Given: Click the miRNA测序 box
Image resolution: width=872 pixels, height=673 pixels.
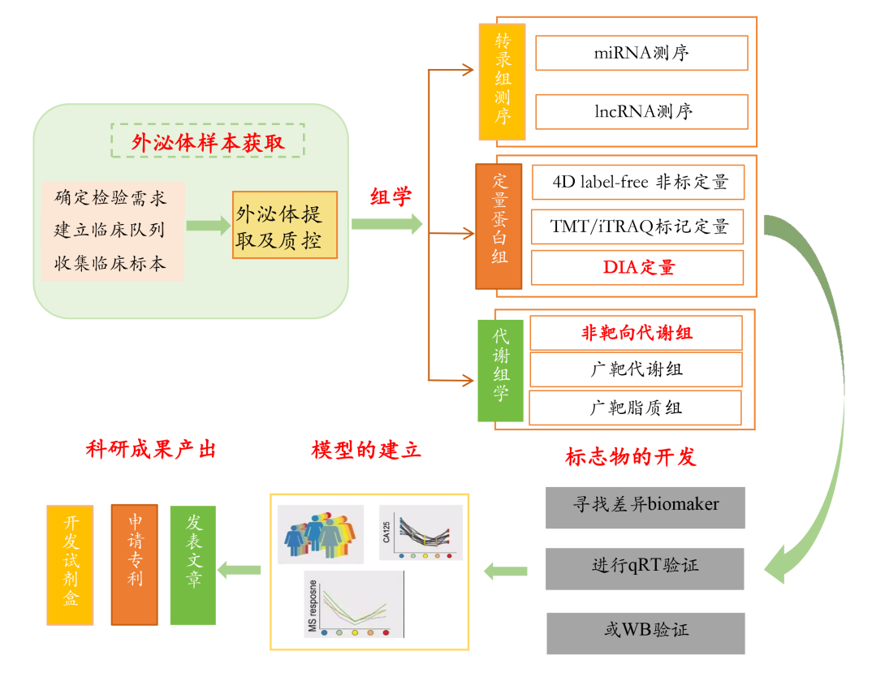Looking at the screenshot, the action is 641,53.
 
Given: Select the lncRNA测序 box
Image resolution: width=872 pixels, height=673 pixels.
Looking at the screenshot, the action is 641,112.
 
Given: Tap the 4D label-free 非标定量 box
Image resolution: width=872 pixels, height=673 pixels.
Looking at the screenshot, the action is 638,182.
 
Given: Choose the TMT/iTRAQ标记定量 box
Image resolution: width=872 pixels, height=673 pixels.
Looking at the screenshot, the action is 637,226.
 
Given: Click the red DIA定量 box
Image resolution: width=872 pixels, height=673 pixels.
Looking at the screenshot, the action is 637,268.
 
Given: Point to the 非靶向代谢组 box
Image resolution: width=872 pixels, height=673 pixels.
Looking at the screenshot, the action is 637,333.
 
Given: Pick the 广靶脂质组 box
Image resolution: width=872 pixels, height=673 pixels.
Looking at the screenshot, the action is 635,408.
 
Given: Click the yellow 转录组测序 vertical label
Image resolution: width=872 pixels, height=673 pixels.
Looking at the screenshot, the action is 503,81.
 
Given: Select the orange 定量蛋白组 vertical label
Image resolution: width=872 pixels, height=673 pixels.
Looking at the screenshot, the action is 499,226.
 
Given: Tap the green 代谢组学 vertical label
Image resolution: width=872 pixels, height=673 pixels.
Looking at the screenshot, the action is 500,370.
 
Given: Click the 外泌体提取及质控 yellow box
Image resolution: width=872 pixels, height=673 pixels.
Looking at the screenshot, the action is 285,225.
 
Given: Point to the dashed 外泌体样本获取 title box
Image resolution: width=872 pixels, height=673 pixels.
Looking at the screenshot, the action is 207,140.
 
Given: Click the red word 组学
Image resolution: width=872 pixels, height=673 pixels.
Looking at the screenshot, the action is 391,197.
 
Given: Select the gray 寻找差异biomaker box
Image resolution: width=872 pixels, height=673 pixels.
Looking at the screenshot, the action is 645,508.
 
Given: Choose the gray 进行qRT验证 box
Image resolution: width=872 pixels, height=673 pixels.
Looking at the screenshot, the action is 645,569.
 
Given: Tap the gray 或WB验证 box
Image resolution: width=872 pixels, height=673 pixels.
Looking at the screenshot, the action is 645,633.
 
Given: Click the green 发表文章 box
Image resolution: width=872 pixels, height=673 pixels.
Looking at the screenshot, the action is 193,565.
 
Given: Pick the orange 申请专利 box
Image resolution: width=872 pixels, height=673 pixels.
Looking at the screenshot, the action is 135,564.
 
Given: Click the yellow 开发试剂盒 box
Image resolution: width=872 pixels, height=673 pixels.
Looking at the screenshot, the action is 70,565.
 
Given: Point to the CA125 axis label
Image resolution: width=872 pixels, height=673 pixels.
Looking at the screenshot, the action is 386,532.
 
